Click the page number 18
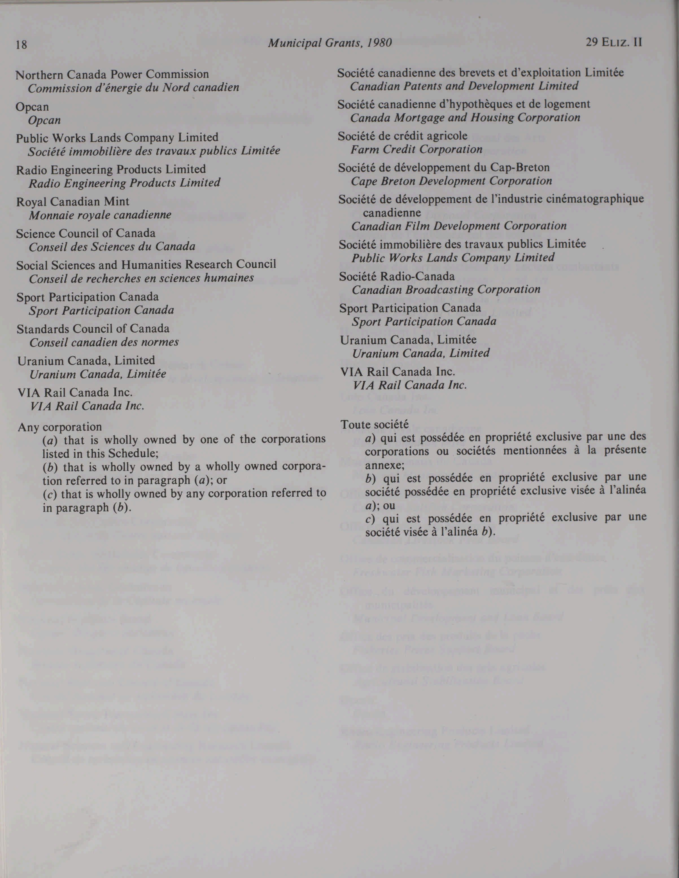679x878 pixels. (x=21, y=44)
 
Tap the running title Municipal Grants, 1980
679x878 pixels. (x=329, y=43)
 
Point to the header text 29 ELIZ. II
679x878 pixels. (x=614, y=42)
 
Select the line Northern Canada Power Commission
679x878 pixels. (x=112, y=75)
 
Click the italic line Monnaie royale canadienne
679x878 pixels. (x=100, y=215)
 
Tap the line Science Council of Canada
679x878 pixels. (x=86, y=233)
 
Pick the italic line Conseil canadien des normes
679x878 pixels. (x=104, y=342)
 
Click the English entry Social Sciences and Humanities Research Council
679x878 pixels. (x=146, y=264)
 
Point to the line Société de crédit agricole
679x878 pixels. (x=402, y=136)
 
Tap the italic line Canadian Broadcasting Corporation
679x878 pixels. (x=446, y=290)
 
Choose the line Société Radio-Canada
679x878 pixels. (x=397, y=276)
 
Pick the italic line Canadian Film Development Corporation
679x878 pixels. (x=459, y=226)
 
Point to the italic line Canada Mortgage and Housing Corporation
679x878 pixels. (x=465, y=118)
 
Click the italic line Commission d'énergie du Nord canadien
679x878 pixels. (x=134, y=88)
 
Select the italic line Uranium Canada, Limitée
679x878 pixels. (x=98, y=374)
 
